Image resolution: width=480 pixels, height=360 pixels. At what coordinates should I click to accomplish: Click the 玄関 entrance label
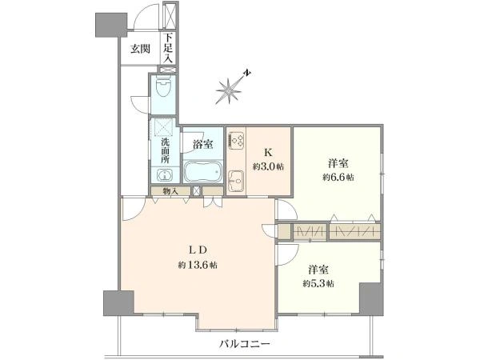[x=140, y=49]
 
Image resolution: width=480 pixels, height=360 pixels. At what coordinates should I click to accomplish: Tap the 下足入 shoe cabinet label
[x=168, y=48]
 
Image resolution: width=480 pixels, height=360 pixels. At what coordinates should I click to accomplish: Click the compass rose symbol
[x=228, y=91]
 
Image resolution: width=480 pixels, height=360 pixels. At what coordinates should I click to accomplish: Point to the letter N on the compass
[x=247, y=73]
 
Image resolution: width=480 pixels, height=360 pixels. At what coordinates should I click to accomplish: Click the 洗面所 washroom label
[x=166, y=150]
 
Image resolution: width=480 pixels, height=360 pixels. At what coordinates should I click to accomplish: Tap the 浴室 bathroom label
[x=203, y=144]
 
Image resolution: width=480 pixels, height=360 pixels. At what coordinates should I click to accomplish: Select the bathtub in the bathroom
[x=202, y=172]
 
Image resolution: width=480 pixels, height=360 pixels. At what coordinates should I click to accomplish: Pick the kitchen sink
[x=236, y=181]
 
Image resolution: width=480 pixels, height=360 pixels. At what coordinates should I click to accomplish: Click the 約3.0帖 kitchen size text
[x=268, y=167]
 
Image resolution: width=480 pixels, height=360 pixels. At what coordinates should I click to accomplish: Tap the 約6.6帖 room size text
[x=338, y=178]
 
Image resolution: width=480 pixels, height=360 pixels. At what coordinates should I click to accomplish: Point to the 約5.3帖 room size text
[x=318, y=284]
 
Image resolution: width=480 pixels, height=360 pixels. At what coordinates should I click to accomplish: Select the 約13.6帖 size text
[x=198, y=265]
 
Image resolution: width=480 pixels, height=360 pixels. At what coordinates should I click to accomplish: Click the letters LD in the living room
[x=198, y=250]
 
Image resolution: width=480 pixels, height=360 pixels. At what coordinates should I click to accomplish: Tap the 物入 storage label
[x=170, y=192]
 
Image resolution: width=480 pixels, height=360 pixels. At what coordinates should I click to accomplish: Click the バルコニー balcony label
[x=245, y=344]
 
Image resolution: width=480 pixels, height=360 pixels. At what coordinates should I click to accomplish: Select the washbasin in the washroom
[x=165, y=175]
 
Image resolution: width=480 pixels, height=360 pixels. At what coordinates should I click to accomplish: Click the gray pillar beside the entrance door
[x=111, y=25]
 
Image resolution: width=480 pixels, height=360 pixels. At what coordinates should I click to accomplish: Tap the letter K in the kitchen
[x=268, y=152]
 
